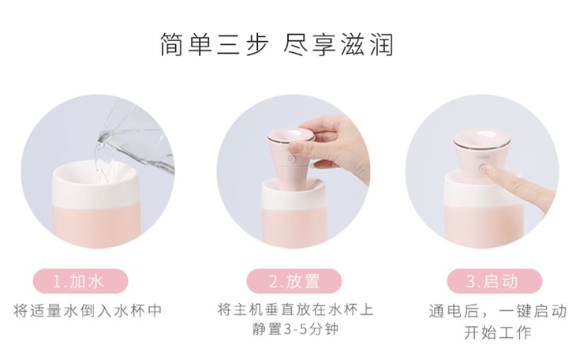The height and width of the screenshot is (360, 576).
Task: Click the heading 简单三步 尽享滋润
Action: tap(277, 44)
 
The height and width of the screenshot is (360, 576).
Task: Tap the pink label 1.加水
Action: tap(80, 281)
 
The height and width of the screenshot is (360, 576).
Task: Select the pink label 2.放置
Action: tap(294, 281)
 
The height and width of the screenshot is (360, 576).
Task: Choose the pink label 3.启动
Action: tap(495, 281)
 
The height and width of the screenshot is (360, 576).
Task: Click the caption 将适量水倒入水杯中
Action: tap(88, 311)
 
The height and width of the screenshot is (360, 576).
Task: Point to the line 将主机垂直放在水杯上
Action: tap(295, 309)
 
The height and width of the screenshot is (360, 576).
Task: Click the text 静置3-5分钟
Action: tap(295, 328)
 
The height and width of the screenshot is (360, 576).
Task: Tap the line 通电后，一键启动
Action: tap(498, 311)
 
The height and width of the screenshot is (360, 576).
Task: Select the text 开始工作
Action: tap(498, 333)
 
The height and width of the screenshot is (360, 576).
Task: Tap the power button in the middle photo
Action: tap(292, 159)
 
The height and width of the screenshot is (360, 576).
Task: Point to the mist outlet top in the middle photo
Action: tap(291, 134)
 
